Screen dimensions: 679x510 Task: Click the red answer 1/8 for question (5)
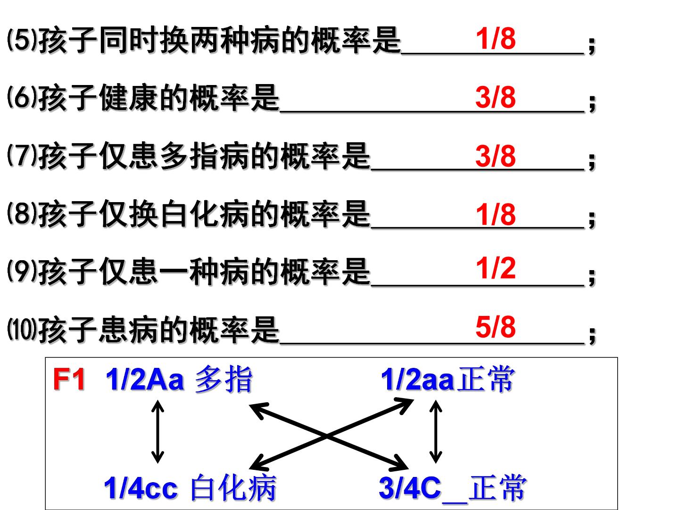click(496, 38)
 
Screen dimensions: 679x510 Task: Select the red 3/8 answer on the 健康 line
click(496, 97)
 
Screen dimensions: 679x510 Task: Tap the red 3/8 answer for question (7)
click(496, 155)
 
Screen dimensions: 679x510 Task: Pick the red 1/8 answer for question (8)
click(496, 214)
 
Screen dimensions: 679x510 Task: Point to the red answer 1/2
click(496, 268)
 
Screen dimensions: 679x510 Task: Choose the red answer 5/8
click(496, 327)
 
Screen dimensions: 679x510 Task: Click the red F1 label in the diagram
click(69, 379)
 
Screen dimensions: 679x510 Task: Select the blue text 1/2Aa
click(145, 379)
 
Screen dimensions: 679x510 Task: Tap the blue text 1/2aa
click(418, 380)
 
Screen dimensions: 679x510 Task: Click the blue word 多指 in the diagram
click(224, 379)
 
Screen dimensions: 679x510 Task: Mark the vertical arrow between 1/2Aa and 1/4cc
click(157, 432)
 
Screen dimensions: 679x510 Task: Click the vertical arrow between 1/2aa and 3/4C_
click(436, 432)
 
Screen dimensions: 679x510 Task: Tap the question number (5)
click(22, 40)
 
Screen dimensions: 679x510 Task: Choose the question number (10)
click(22, 329)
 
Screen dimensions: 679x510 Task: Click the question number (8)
click(22, 213)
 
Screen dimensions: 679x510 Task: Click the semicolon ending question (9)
click(592, 276)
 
